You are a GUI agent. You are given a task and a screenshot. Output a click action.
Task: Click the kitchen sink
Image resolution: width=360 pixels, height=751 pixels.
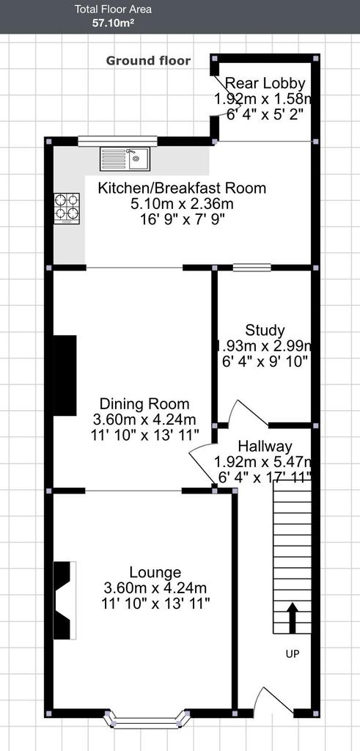click(125, 158)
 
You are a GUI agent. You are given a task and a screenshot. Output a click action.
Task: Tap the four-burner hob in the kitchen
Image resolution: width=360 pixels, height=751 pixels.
click(67, 208)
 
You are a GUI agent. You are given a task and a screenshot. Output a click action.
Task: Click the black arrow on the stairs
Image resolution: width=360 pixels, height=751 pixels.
click(292, 618)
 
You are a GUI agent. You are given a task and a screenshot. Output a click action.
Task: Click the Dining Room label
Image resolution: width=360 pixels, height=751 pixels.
click(144, 403)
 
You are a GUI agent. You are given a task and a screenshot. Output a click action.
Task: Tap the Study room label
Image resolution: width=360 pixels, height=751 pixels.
click(265, 330)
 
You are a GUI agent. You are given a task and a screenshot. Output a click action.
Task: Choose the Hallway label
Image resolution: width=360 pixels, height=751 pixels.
click(265, 447)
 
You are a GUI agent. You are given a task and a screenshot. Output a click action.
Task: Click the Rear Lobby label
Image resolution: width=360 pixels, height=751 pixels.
click(265, 84)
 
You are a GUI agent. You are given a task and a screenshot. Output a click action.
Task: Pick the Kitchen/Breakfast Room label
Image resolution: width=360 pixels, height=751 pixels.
click(182, 188)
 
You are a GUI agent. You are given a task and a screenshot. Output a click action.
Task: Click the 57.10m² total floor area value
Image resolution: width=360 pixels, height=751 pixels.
click(113, 23)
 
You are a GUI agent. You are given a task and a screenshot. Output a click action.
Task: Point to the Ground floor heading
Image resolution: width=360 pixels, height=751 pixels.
click(148, 61)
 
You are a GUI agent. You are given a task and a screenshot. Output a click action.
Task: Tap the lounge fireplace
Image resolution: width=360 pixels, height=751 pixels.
click(65, 600)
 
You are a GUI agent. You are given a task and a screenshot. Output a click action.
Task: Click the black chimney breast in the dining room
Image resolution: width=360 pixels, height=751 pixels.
click(65, 375)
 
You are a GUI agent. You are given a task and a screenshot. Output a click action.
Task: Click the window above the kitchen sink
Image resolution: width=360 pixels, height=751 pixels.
click(118, 141)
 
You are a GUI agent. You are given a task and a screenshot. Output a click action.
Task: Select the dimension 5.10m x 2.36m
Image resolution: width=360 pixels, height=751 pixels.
click(182, 204)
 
